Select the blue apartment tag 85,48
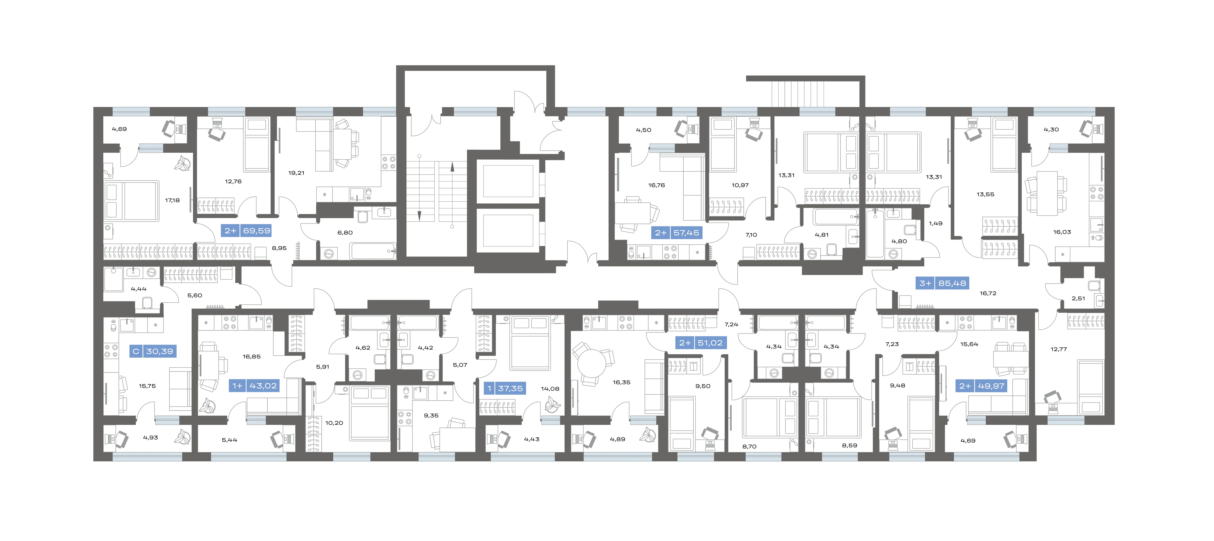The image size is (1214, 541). click(x=943, y=283)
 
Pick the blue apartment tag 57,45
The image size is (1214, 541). click(x=677, y=233)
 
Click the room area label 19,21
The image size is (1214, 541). click(x=296, y=173)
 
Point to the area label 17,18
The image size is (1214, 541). click(x=172, y=201)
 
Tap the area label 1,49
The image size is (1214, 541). click(x=936, y=224)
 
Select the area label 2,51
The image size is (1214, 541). click(x=1078, y=299)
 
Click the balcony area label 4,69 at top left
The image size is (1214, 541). click(x=119, y=129)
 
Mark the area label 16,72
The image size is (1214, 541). click(x=988, y=293)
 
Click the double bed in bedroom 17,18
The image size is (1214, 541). click(x=132, y=201)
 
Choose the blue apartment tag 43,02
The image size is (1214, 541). click(x=255, y=386)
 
